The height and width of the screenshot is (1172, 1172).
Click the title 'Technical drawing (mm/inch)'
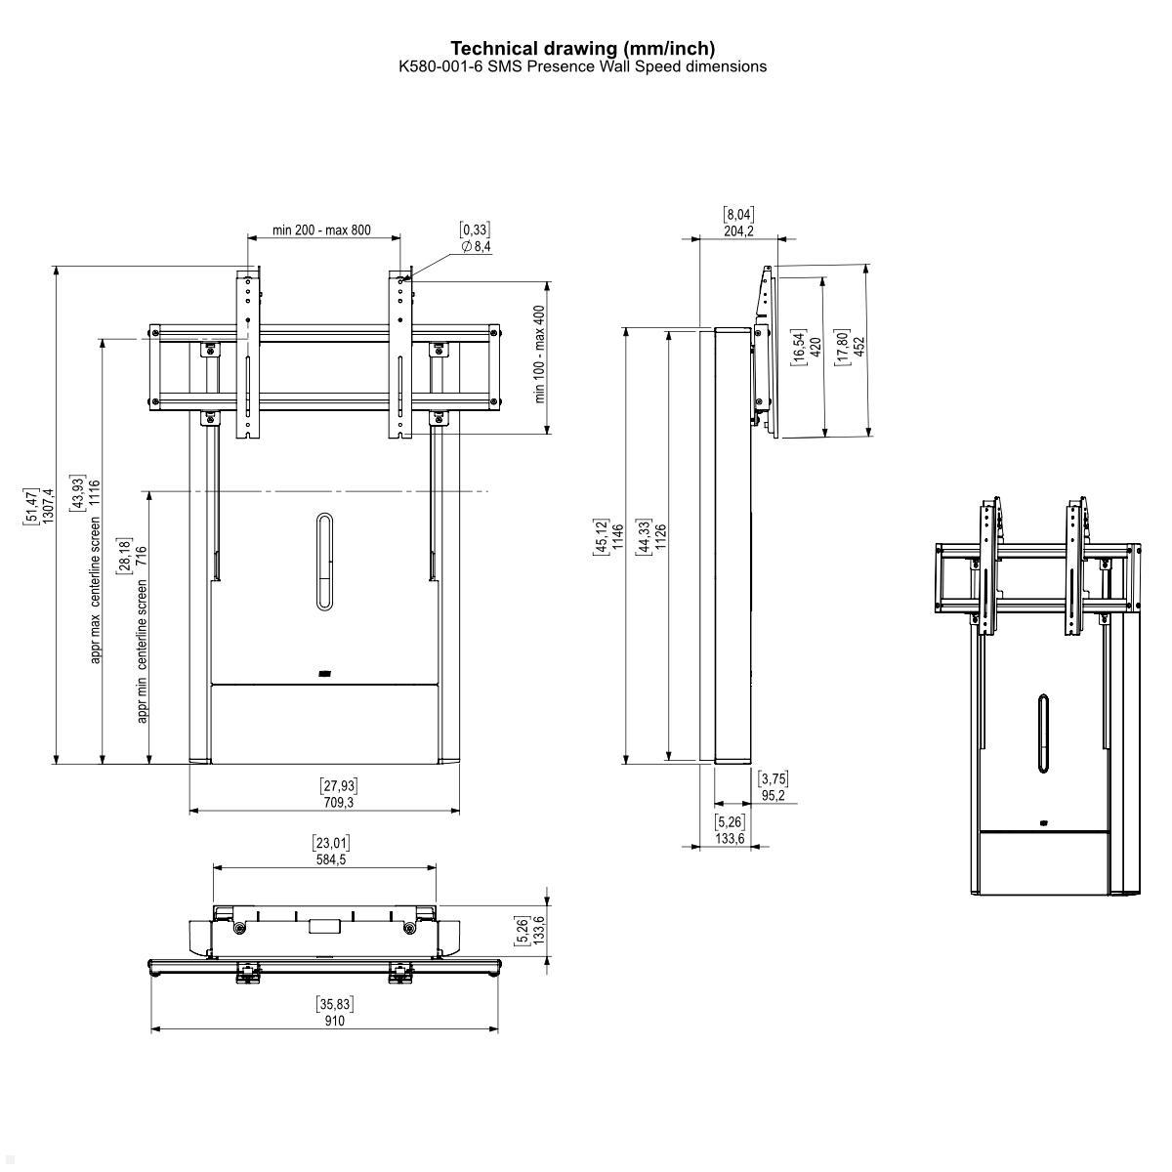click(x=582, y=48)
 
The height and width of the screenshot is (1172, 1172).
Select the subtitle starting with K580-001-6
click(x=582, y=66)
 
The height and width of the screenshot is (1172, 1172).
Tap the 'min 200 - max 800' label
click(x=321, y=230)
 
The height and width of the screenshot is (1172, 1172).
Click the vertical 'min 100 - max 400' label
click(x=539, y=355)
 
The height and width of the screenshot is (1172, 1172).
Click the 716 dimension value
click(x=142, y=558)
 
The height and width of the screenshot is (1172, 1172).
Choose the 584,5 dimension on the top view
click(x=330, y=859)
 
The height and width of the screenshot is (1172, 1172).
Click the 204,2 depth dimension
click(x=738, y=231)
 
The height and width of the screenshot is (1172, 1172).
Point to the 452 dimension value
click(x=860, y=348)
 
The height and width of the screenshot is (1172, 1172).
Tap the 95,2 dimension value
click(x=774, y=795)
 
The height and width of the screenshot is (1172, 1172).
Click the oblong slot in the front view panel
click(x=325, y=562)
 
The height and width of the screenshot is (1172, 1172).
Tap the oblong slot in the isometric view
click(x=1042, y=733)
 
